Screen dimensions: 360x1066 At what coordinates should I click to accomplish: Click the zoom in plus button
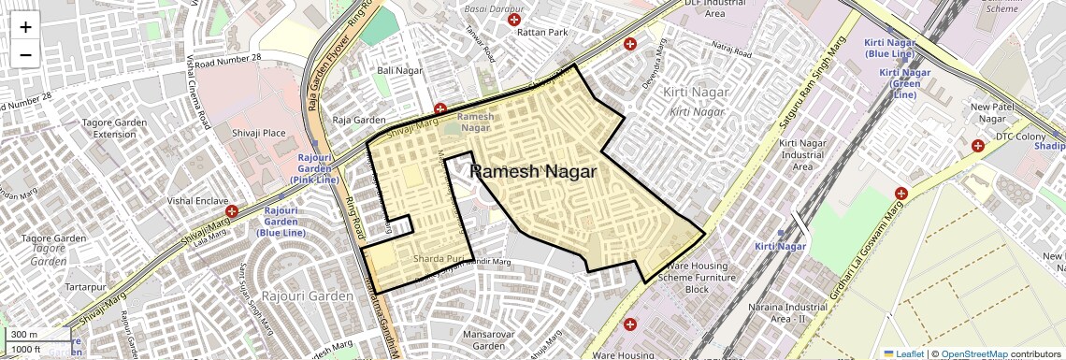(25, 26)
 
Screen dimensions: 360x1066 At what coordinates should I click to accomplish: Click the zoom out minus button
(25, 54)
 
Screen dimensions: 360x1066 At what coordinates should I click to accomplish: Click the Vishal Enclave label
(193, 200)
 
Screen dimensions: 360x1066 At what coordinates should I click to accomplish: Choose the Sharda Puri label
(439, 258)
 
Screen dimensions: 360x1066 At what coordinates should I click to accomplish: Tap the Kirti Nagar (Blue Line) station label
(888, 50)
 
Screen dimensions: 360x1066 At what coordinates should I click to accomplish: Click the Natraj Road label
(731, 49)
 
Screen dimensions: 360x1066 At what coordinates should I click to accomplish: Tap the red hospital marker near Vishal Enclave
(231, 212)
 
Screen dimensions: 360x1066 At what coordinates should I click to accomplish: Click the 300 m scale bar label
(25, 335)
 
